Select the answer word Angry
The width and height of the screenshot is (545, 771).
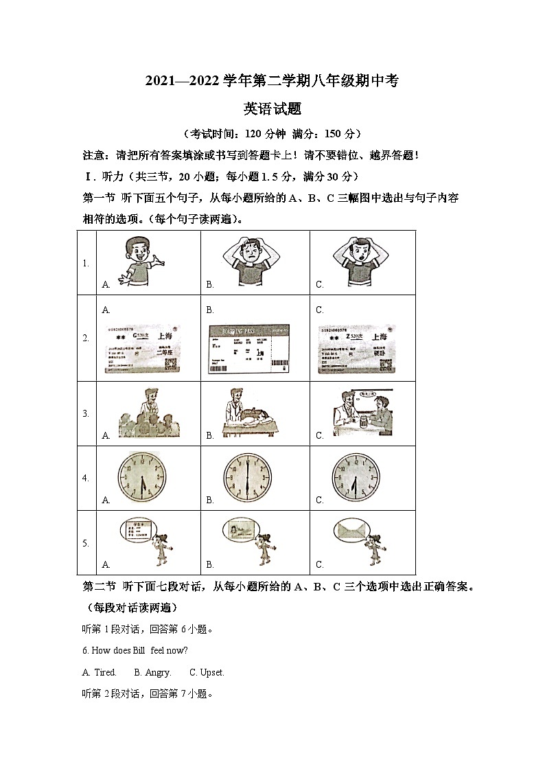157,672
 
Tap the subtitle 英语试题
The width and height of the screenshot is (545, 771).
272,108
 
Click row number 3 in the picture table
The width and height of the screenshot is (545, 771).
86,413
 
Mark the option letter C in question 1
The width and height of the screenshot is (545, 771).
319,284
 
